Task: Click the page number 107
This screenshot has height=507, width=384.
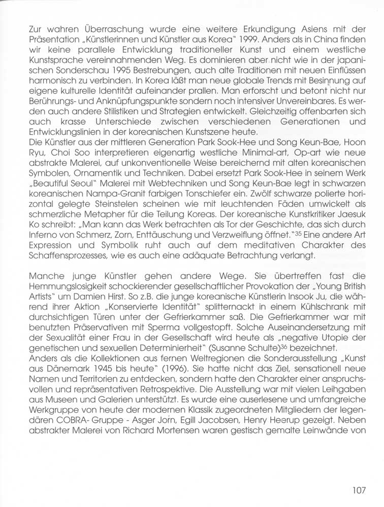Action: click(358, 490)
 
